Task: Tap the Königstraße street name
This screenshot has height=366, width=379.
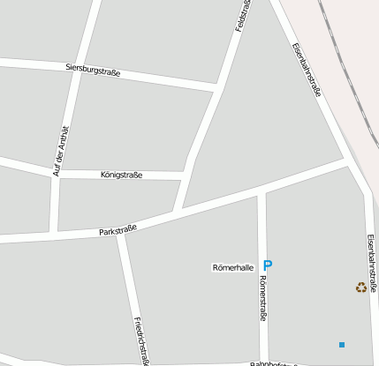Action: [122, 176]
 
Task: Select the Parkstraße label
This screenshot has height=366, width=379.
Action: [118, 230]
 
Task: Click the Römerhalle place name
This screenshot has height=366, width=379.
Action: [233, 266]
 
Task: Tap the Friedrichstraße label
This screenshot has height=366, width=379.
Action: [139, 340]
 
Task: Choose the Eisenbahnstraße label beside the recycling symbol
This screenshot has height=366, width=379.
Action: [372, 265]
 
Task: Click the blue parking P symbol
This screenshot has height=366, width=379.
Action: [269, 265]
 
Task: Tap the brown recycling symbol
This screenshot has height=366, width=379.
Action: [360, 287]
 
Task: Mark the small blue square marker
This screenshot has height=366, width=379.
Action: [342, 343]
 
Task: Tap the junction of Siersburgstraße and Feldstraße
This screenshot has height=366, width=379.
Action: [216, 87]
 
